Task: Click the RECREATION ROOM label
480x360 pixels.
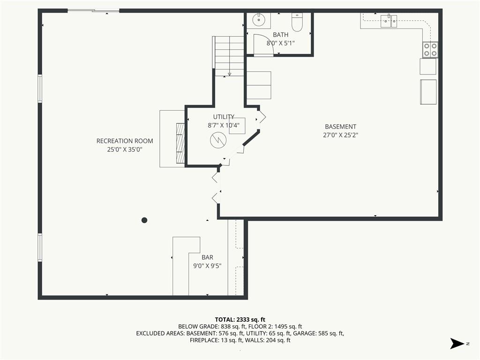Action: point(125,141)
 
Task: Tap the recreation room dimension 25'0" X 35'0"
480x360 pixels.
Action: point(125,150)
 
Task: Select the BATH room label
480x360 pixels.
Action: point(280,35)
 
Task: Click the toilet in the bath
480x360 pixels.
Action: point(297,22)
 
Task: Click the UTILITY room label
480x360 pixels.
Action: point(224,117)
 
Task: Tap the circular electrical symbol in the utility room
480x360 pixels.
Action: point(218,141)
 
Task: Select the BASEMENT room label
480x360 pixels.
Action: point(340,127)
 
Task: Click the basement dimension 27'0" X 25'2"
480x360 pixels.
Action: point(340,135)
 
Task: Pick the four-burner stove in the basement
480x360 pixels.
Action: point(430,50)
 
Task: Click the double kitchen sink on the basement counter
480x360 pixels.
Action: point(389,21)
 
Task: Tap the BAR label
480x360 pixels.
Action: point(207,257)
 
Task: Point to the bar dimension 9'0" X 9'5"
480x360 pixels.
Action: point(207,266)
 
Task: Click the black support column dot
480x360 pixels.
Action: point(144,220)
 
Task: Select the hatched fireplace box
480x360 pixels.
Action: point(180,143)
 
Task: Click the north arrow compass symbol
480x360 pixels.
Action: point(457,344)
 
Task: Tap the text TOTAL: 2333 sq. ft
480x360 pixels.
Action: point(240,320)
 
